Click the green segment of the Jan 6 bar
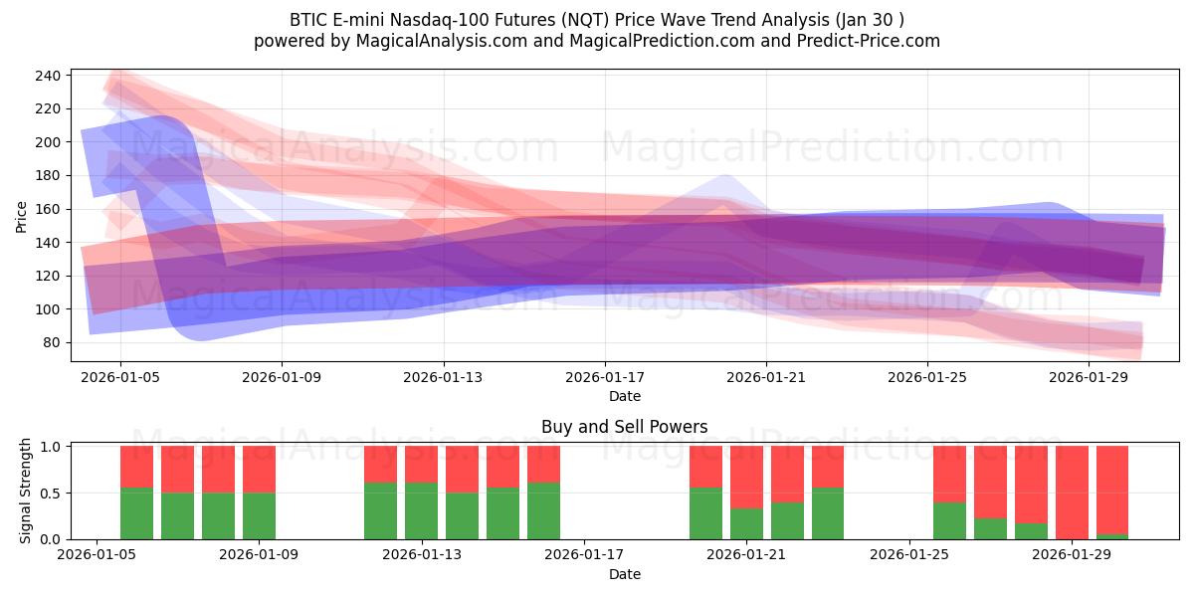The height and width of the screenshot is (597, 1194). coord(136,513)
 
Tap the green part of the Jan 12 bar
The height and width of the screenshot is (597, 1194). coord(380,510)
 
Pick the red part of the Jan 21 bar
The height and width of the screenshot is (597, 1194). coord(746,477)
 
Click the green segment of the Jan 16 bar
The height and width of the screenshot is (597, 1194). coord(543,510)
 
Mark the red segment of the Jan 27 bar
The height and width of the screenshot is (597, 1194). coord(990,482)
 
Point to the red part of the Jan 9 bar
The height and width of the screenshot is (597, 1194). coord(259,469)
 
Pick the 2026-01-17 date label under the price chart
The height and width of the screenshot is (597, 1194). coord(605,378)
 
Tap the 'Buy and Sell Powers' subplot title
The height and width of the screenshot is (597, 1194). coord(624,427)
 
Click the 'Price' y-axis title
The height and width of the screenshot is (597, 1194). coord(22,216)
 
